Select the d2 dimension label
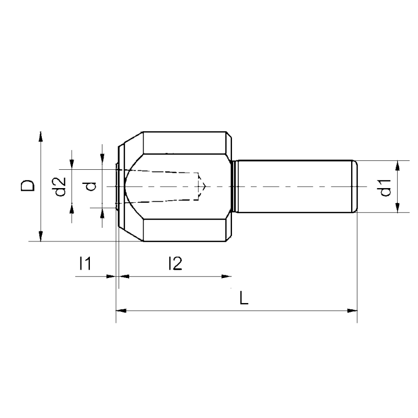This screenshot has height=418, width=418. (x=61, y=186)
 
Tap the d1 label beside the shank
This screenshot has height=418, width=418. (x=386, y=187)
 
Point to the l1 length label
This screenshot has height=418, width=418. (x=85, y=264)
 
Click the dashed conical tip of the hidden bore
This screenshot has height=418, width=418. (x=203, y=186)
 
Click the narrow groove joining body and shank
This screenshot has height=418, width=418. (x=235, y=187)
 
